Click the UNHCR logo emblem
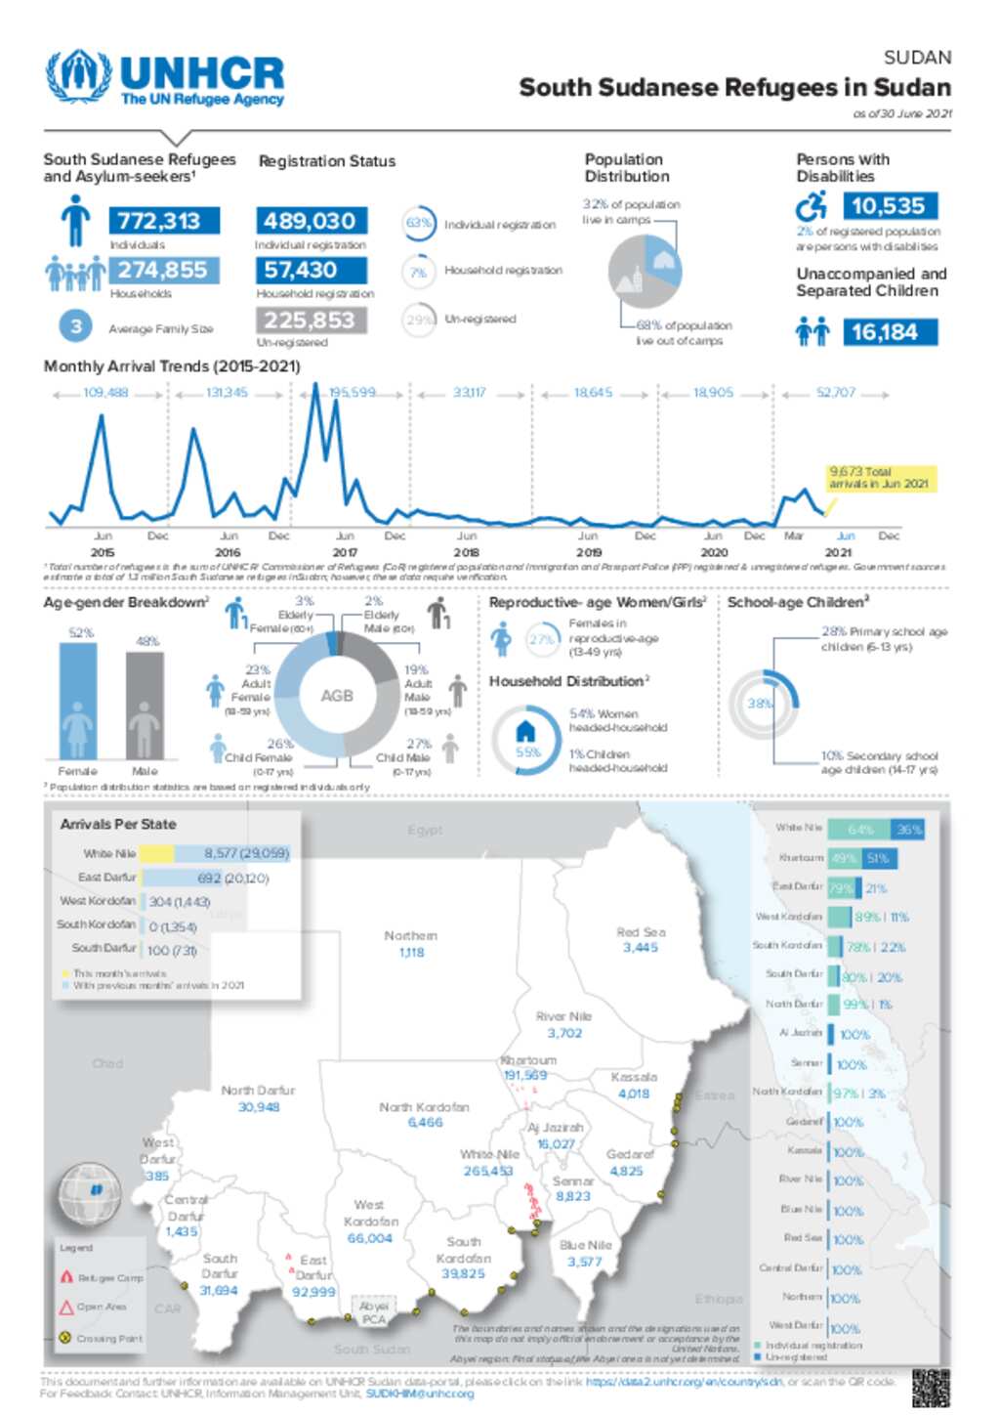tap(78, 75)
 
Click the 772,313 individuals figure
tap(164, 221)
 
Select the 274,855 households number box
tap(164, 270)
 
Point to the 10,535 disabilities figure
tap(888, 206)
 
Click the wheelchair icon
tap(812, 206)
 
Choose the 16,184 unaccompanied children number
tap(885, 332)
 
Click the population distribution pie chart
tap(645, 271)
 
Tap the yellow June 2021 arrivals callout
tap(880, 478)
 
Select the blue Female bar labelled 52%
tap(78, 700)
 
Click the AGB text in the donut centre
tap(337, 696)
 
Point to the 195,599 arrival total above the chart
tap(353, 393)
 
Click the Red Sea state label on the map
tap(641, 932)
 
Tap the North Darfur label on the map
tap(258, 1090)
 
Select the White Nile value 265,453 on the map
tap(488, 1171)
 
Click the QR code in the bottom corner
tap(931, 1388)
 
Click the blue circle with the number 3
tap(76, 326)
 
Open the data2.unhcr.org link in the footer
tap(685, 1382)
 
